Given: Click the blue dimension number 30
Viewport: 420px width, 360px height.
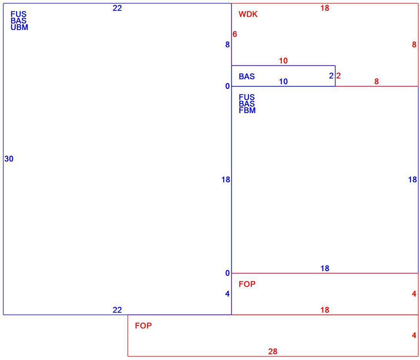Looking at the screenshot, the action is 9,159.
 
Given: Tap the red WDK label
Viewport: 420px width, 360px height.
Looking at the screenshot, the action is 248,14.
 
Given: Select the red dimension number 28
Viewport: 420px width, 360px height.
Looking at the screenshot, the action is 273,352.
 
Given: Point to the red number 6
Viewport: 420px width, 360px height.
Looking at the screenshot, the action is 235,34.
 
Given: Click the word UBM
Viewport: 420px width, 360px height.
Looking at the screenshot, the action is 19,27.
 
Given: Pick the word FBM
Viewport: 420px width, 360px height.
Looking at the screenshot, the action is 247,110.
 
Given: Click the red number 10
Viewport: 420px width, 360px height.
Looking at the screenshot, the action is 283,61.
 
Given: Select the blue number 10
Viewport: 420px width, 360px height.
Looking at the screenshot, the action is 283,82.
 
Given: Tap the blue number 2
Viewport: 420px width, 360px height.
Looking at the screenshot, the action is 331,76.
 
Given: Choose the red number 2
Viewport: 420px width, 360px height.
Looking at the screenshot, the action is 338,76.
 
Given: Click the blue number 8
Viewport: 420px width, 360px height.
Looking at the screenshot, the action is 227,45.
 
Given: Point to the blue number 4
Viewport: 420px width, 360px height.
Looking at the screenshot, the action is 227,294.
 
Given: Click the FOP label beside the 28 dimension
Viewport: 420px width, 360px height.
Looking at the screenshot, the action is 143,326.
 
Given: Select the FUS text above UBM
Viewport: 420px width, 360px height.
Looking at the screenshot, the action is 18,14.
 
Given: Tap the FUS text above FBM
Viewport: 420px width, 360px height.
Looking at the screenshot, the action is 247,97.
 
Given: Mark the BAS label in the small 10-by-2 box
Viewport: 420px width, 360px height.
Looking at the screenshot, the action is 247,77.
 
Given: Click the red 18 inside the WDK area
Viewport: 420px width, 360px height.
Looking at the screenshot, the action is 325,8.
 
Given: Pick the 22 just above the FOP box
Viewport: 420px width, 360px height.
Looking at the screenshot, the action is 117,310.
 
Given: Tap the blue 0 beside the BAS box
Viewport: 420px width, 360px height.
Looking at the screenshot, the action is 227,86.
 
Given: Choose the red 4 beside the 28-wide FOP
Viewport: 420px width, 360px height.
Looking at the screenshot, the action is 414,335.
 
